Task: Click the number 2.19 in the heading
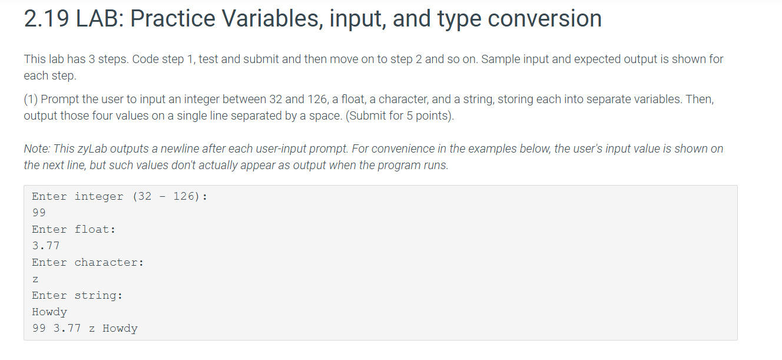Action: [47, 19]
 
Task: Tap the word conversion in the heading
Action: [545, 19]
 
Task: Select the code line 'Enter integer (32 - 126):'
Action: [119, 196]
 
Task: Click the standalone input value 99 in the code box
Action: [39, 213]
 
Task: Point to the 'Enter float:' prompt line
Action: [74, 229]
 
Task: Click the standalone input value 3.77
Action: [46, 246]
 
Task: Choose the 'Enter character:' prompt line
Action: [88, 262]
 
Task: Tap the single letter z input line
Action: [35, 279]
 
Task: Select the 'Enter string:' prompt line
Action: [77, 295]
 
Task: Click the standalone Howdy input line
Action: [49, 312]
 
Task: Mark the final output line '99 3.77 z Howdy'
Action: [85, 328]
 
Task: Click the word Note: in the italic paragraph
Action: [37, 149]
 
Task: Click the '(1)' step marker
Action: [31, 100]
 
